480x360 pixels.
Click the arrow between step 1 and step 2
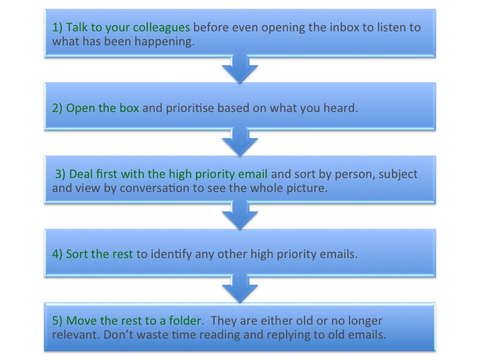point(240,69)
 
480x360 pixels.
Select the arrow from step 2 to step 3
point(240,142)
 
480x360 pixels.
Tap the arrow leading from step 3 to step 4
point(240,215)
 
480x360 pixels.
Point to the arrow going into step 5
point(240,289)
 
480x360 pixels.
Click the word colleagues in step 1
point(161,28)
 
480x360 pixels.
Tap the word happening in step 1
point(165,41)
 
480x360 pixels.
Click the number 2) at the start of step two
point(57,109)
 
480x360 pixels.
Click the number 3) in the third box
point(60,174)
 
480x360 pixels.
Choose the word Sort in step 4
point(77,254)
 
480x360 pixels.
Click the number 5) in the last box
point(57,321)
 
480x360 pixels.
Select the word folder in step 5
point(186,321)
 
